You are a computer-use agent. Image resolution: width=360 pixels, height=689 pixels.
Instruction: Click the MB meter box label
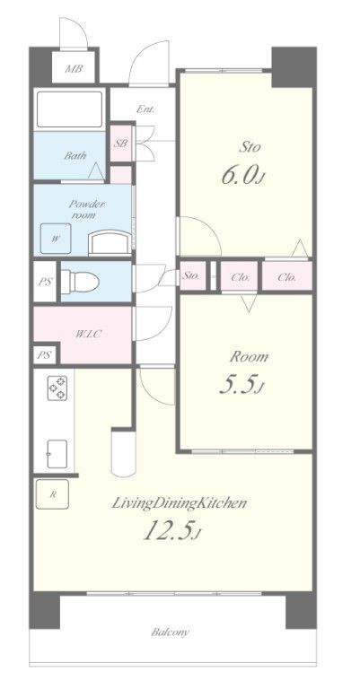coord(74,69)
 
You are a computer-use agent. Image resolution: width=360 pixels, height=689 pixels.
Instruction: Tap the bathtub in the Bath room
coord(69,109)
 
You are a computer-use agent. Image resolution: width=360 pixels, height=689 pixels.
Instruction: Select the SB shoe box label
coord(121,144)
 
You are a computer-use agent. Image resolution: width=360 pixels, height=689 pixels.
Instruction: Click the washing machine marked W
coord(56,239)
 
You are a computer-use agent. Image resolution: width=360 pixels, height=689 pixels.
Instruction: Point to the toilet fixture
coord(80,281)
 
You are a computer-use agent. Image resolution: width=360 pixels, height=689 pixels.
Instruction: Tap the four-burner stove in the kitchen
coord(57,388)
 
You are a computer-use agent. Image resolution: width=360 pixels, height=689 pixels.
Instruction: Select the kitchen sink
coord(57,454)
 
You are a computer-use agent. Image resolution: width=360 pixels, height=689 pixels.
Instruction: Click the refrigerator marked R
coord(52,494)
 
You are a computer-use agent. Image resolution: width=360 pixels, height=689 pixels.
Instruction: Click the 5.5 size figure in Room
coord(241,385)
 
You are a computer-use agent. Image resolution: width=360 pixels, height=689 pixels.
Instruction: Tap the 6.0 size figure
coord(243,176)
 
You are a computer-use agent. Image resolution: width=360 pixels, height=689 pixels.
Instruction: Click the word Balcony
coord(170,632)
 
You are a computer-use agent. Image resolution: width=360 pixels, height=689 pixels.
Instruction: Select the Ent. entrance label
coord(145,109)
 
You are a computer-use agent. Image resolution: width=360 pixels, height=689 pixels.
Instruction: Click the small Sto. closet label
coord(191,276)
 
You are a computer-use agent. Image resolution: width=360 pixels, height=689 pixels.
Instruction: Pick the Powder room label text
coord(86,210)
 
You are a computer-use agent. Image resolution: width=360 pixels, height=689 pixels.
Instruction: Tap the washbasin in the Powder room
coord(110,243)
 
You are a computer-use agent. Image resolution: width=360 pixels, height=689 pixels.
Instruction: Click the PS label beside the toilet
coord(45,282)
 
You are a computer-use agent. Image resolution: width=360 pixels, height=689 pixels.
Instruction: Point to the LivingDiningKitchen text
coord(179,503)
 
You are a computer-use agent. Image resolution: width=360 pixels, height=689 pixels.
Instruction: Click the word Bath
coord(75,155)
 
